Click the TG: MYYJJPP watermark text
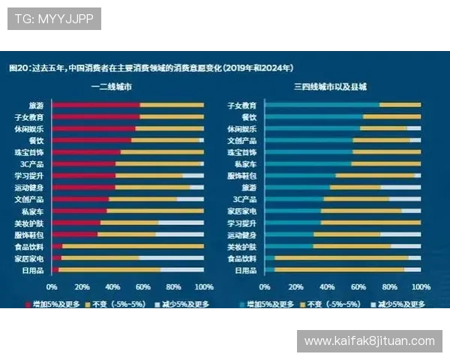tap(54, 19)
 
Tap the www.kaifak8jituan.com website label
tap(369, 340)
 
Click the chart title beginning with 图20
tap(150, 67)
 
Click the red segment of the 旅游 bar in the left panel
tap(95, 105)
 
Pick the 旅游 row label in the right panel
tap(248, 187)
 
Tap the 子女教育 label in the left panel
tap(29, 118)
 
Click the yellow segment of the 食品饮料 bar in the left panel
tap(132, 246)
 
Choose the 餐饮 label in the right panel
tap(248, 117)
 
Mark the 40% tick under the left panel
tap(112, 286)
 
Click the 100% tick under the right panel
tap(421, 286)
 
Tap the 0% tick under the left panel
tap(52, 286)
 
